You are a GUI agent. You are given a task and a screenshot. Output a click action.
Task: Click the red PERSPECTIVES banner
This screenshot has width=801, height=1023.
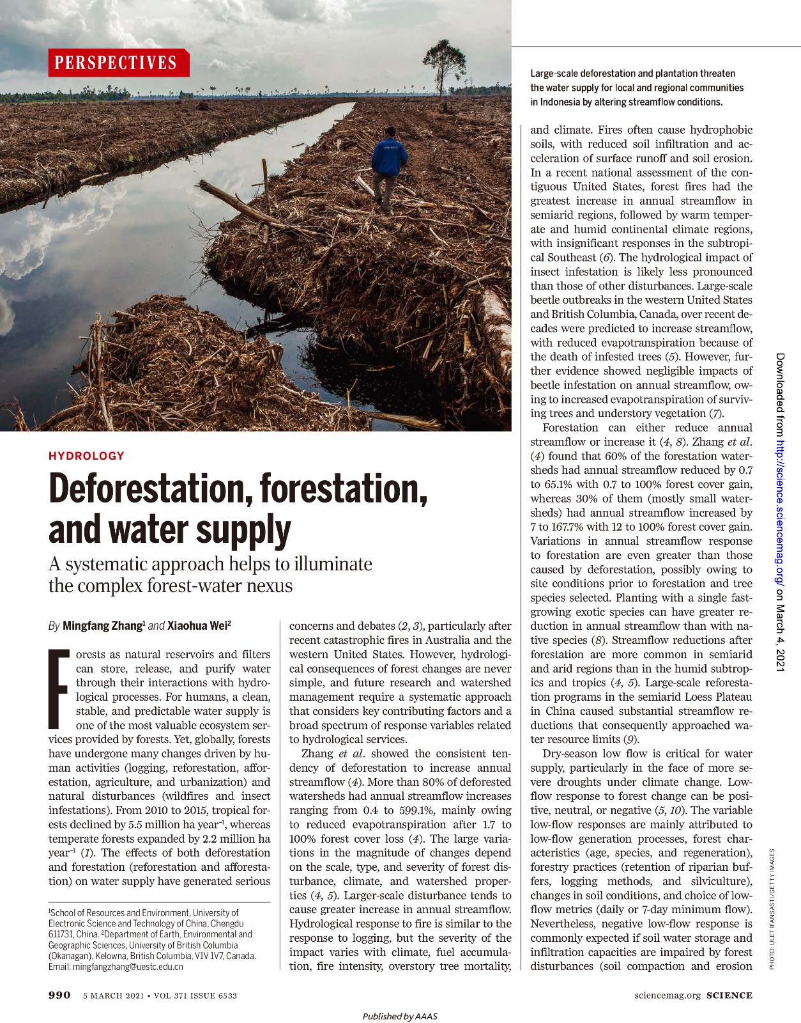[118, 63]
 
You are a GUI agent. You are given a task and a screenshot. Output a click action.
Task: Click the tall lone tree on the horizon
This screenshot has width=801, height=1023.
[440, 64]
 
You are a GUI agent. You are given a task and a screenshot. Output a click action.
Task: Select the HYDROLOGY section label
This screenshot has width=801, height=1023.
[86, 456]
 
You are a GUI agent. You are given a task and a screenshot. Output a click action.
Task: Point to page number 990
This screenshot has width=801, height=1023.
[59, 995]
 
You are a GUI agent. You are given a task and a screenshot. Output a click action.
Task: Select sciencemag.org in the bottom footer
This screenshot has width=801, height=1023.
[667, 995]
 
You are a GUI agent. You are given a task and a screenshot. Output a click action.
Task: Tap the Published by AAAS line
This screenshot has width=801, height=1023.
[400, 1016]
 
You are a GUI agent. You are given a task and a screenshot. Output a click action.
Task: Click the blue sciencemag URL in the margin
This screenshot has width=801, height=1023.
[781, 511]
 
